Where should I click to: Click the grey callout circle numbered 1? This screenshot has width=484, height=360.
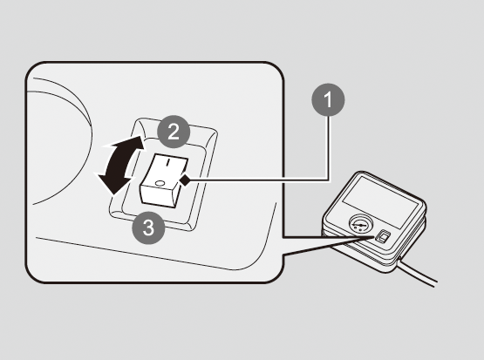coord(328,99)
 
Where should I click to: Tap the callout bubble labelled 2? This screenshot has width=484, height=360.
coord(174,132)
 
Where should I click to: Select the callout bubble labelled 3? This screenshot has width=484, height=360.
coord(148,228)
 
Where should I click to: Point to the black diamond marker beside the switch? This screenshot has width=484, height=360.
coord(185,180)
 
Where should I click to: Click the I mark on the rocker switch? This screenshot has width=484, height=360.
coord(168,162)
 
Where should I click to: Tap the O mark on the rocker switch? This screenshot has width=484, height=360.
coord(160,183)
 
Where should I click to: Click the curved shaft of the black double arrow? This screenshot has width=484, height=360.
coord(117,164)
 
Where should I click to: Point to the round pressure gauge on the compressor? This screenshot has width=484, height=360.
coord(361,224)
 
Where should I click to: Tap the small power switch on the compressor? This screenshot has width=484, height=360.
coord(383,237)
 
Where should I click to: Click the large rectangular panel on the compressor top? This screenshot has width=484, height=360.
coord(381,202)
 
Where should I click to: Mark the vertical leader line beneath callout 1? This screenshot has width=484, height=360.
coord(328,148)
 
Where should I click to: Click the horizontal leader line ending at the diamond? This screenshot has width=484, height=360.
coord(259,180)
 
